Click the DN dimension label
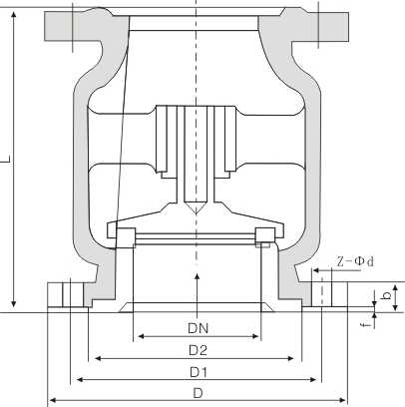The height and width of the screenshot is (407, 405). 198,326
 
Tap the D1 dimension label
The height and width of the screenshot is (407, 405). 199,372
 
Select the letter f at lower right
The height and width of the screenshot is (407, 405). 365,323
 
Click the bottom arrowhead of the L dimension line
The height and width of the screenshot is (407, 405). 15,303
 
